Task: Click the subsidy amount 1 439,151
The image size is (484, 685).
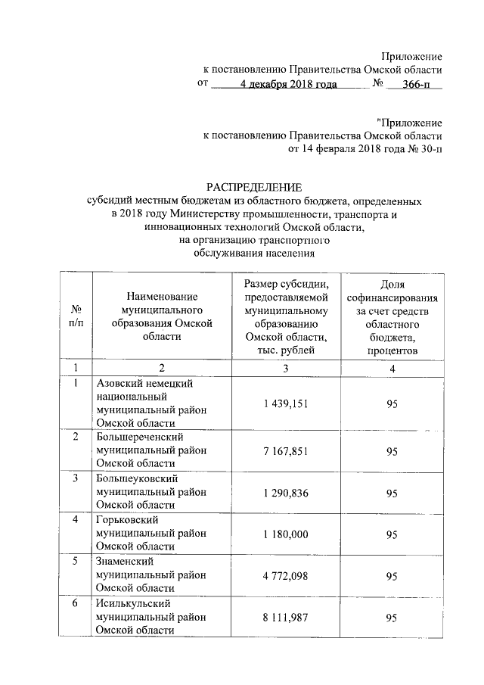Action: tap(286, 404)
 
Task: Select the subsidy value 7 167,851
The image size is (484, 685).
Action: tap(286, 451)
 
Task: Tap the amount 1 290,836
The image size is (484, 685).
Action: tap(286, 493)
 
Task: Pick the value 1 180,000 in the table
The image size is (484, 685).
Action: tap(286, 534)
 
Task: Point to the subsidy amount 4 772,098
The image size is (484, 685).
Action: tap(286, 576)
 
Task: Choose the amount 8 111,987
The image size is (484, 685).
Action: tap(286, 618)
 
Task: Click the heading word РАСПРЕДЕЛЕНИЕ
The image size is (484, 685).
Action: tap(255, 186)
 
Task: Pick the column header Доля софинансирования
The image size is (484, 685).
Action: tap(392, 317)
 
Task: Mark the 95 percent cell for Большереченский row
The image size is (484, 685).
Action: tap(392, 451)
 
